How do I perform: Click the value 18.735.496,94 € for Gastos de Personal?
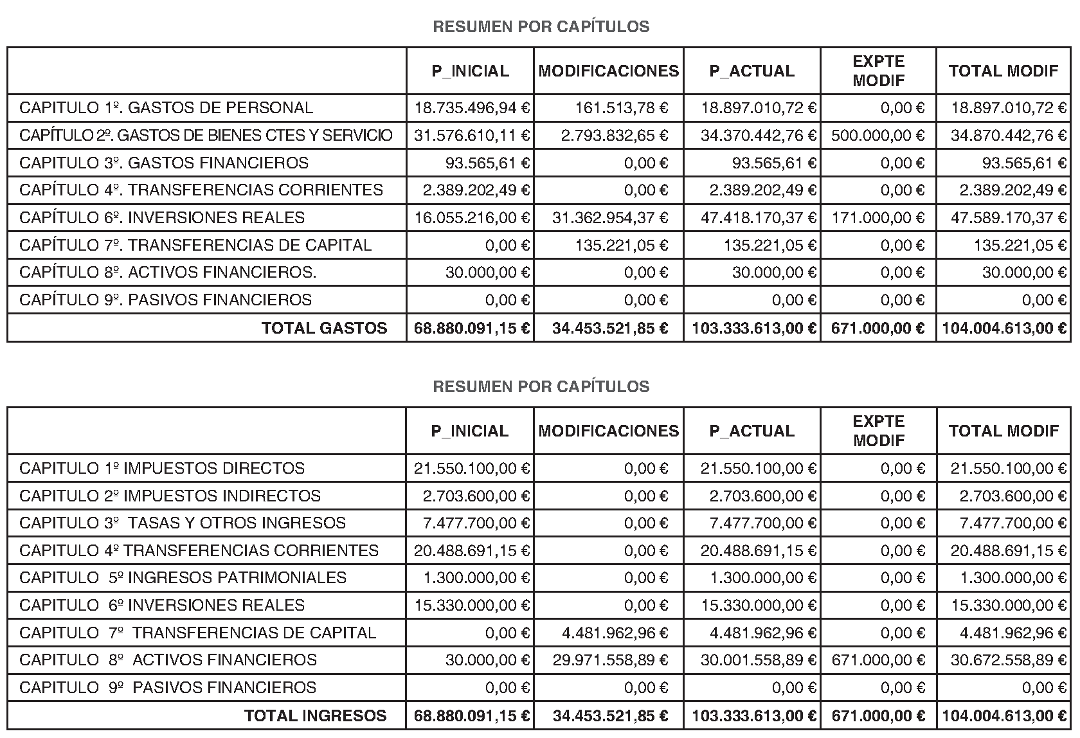coord(472,108)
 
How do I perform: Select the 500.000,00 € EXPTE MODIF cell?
coord(878,136)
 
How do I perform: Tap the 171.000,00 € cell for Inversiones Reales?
coord(878,218)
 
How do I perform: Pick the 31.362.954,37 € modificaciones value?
coord(609,218)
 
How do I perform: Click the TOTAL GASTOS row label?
coord(324,328)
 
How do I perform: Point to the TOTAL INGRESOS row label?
coord(315,716)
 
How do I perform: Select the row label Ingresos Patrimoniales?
coord(183,578)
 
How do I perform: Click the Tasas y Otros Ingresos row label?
coord(183,523)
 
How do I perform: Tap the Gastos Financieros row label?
coord(164,163)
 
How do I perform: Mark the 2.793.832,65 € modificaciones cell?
coord(614,136)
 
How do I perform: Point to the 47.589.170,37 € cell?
coord(1009,218)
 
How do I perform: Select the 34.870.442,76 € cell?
coord(1009,136)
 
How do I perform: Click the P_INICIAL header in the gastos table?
coord(470,71)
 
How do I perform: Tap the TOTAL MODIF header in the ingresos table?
coord(1004,431)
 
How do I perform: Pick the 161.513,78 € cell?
coord(621,108)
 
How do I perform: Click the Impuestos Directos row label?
coord(162,469)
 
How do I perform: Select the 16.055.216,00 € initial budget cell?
coord(472,218)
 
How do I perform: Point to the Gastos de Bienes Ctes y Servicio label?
coord(206,136)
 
